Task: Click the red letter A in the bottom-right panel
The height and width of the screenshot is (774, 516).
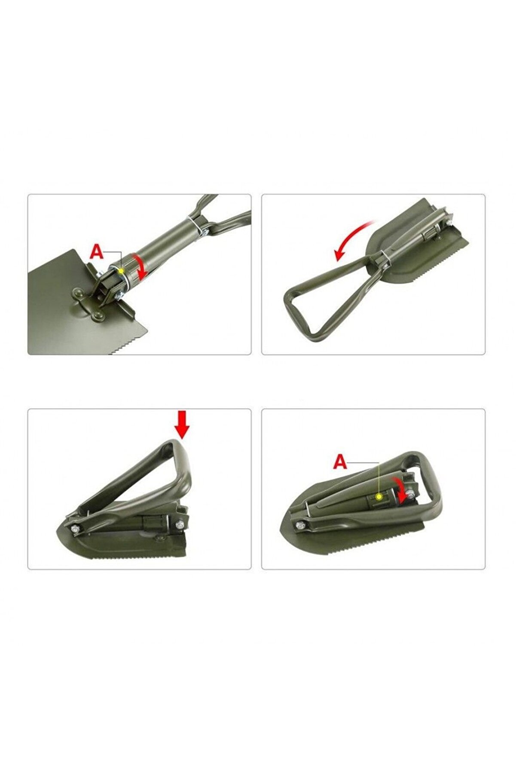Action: point(340,462)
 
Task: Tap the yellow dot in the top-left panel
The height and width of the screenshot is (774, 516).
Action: point(122,271)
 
